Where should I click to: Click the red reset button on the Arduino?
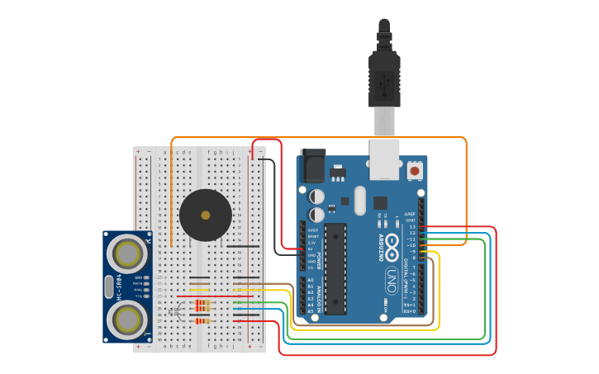(x=415, y=170)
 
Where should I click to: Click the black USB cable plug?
(x=384, y=78)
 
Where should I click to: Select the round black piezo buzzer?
(x=205, y=215)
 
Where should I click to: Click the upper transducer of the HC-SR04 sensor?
(x=127, y=250)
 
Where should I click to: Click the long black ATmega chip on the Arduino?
(x=335, y=268)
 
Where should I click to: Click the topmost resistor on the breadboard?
(x=202, y=302)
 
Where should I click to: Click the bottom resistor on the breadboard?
(x=202, y=320)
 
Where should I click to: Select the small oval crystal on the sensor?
(x=108, y=286)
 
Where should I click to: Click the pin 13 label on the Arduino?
(x=412, y=226)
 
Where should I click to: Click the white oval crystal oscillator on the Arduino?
(x=359, y=201)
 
